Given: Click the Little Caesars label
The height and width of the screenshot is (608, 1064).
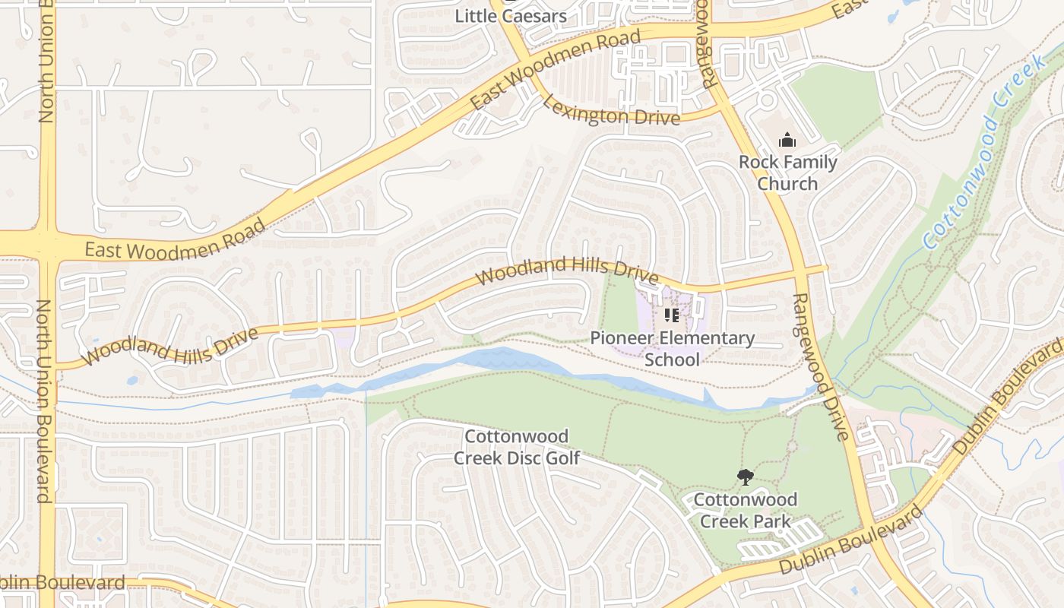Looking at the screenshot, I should (511, 15).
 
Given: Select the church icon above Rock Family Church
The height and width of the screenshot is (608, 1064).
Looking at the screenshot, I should (787, 140).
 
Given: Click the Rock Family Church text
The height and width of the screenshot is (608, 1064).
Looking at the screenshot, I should (787, 173).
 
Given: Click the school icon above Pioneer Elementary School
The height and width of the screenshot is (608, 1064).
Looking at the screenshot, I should (671, 315).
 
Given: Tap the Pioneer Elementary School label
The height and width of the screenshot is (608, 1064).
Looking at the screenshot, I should (673, 348).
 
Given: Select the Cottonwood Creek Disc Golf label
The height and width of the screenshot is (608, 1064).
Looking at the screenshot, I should (517, 447).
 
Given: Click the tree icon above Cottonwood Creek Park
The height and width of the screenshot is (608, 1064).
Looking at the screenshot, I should (745, 477).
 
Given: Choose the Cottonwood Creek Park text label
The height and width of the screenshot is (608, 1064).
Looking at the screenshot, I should (745, 510).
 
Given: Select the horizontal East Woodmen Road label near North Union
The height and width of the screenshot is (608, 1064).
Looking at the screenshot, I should (175, 242).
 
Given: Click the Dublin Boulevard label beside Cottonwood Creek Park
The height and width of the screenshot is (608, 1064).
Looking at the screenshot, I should (851, 541).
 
